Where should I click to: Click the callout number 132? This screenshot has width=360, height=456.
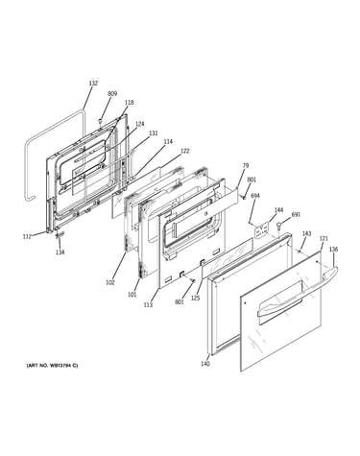click(x=93, y=84)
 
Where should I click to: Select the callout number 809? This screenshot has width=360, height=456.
click(x=112, y=94)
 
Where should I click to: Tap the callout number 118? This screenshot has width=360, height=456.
click(x=130, y=103)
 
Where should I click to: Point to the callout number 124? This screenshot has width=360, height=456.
click(x=140, y=124)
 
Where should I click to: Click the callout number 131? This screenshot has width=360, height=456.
click(x=154, y=133)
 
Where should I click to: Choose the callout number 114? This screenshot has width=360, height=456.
click(x=168, y=141)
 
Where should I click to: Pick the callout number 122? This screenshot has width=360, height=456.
click(x=184, y=151)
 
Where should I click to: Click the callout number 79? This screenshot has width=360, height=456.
click(x=246, y=165)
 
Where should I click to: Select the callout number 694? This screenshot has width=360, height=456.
click(x=255, y=195)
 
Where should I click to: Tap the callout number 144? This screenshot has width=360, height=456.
click(x=278, y=210)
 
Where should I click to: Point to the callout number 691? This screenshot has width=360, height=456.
click(x=296, y=215)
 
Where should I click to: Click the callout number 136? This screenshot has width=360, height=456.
click(x=333, y=250)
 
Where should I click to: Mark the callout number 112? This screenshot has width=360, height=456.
click(x=27, y=237)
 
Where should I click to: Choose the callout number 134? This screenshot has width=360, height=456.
click(x=60, y=252)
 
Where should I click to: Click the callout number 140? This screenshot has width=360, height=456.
click(x=205, y=364)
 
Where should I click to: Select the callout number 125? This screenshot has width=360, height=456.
click(x=195, y=299)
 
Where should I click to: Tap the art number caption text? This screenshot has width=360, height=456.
click(x=52, y=366)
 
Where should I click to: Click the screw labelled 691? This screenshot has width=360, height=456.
click(x=279, y=226)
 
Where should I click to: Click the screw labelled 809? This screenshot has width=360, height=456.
click(x=101, y=121)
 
